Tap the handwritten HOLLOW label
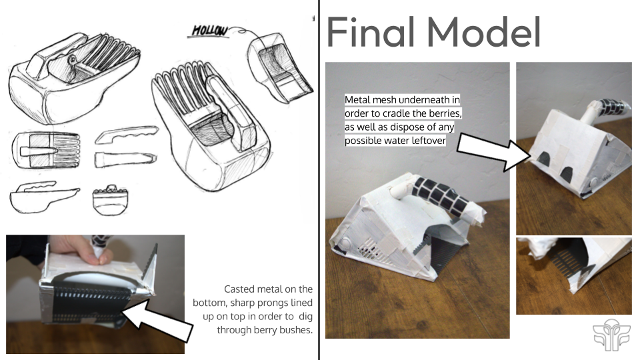pyautogui.click(x=209, y=31)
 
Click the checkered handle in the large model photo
pyautogui.click(x=442, y=194)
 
